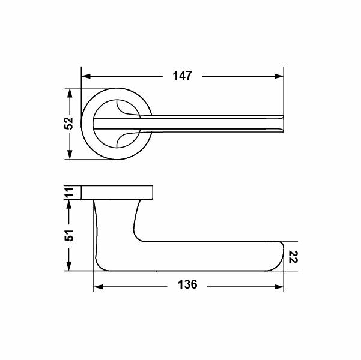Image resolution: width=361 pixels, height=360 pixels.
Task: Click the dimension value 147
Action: [x=182, y=76]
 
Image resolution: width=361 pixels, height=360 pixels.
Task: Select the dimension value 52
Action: [x=68, y=123]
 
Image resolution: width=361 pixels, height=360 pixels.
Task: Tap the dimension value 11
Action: [x=68, y=192]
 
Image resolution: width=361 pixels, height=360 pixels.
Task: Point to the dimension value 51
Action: [x=68, y=235]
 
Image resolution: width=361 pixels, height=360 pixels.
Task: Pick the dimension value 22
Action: [x=293, y=257]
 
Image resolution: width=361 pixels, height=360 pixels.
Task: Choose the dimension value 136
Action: [x=187, y=284]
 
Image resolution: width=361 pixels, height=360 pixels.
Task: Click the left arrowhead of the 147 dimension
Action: [x=86, y=76]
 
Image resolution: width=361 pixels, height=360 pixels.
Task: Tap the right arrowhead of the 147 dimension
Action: [x=279, y=76]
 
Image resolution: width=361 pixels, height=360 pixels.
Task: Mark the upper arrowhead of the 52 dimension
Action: [x=70, y=93]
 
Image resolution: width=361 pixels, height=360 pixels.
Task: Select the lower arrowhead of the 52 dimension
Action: [x=70, y=154]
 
